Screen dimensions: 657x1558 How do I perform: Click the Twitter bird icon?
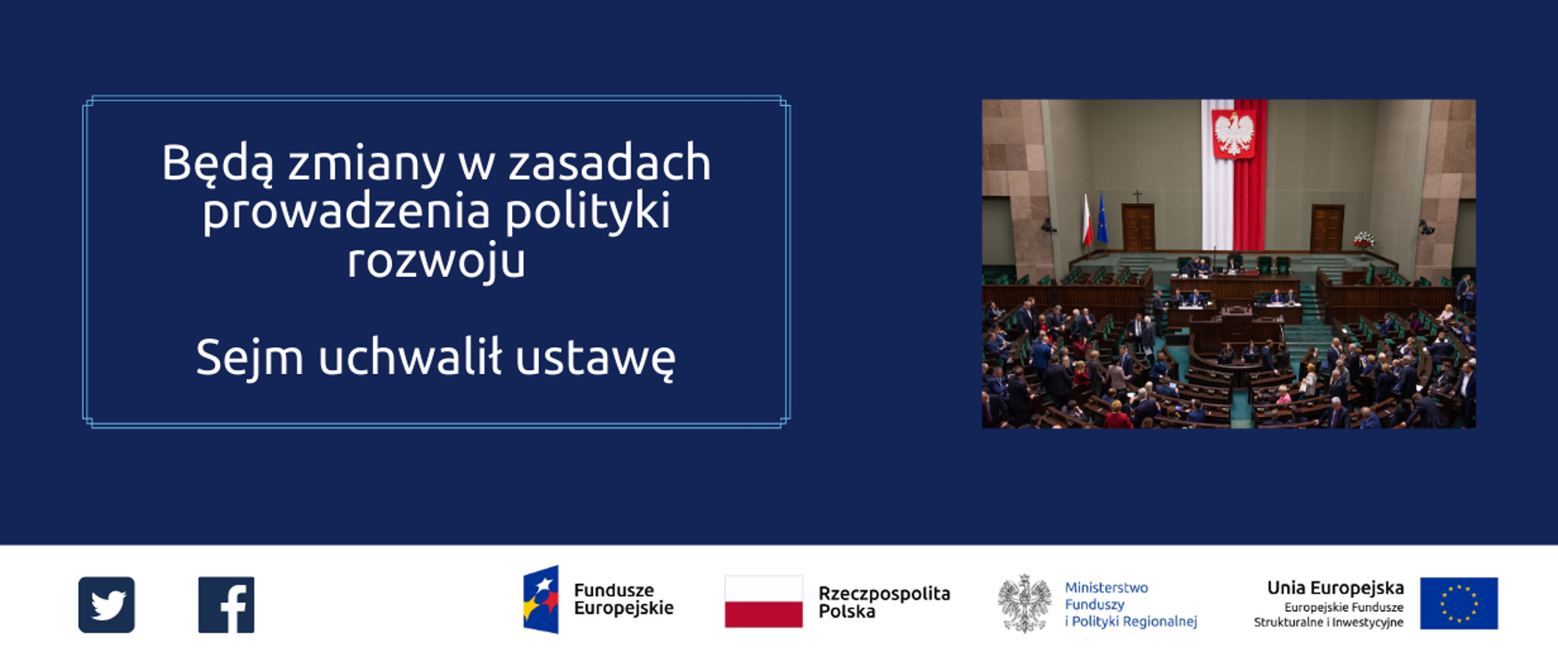[x=106, y=605]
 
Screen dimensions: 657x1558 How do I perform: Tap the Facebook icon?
[x=226, y=605]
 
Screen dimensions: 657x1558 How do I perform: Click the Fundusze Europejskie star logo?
[x=541, y=599]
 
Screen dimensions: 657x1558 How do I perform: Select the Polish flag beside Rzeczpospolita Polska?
[x=764, y=602]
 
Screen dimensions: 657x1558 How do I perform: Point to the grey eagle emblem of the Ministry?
[x=1024, y=603]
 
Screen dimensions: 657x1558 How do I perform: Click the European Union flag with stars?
[x=1459, y=603]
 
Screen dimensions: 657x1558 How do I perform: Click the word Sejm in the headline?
[x=250, y=358]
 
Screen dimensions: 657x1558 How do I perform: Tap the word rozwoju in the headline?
[x=437, y=261]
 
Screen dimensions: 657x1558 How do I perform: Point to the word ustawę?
[x=596, y=358]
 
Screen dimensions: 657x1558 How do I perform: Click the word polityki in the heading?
[x=588, y=213]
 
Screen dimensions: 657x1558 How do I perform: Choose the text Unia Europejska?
[x=1335, y=588]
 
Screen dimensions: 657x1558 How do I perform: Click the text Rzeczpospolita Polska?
[x=884, y=602]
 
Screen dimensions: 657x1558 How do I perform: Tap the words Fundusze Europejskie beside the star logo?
[x=623, y=599]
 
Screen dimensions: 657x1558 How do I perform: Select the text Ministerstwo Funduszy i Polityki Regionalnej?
[x=1130, y=604]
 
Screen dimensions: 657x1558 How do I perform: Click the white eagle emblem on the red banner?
[x=1233, y=133]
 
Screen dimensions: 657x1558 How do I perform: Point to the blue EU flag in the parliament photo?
[x=1102, y=219]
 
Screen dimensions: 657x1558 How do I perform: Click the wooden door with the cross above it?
[x=1138, y=227]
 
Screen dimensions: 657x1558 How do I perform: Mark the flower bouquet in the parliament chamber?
[x=1363, y=239]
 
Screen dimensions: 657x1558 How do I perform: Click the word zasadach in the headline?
[x=609, y=164]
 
